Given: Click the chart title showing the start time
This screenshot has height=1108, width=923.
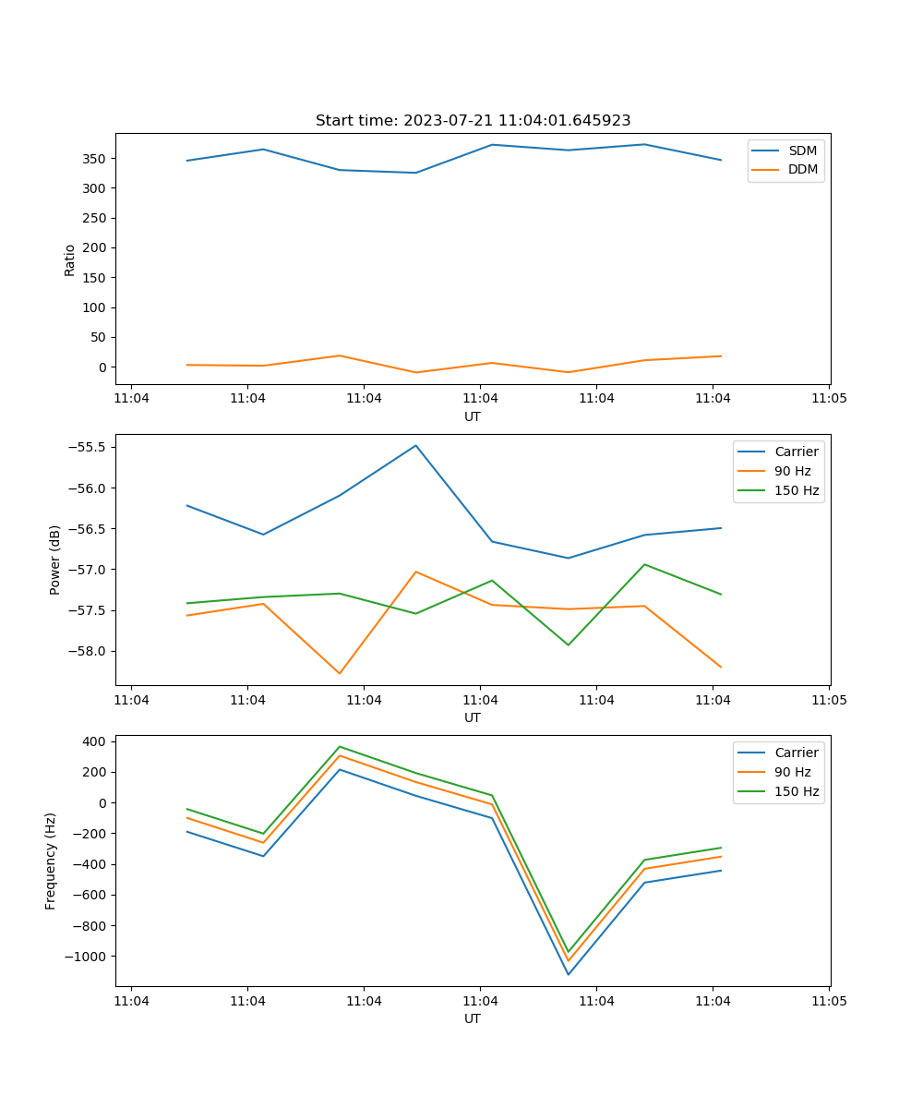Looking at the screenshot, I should coord(473,121).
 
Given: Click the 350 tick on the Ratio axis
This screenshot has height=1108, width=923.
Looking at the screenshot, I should coord(96,159).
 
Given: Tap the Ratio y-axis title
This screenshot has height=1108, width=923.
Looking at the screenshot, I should coord(70,259).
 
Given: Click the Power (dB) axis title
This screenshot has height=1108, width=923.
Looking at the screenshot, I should coord(55,560).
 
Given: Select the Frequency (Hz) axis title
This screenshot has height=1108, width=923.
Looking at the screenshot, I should coord(51,861).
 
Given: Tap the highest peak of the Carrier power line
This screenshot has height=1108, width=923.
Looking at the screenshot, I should coord(415,446).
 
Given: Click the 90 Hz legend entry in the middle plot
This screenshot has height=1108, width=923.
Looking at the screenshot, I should coord(792,471).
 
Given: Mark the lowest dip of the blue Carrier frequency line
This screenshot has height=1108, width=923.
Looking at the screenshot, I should coord(568,974).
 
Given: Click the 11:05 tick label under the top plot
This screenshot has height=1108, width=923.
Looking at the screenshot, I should coord(829,399).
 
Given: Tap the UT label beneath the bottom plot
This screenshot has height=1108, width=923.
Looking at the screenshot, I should coord(473,1018).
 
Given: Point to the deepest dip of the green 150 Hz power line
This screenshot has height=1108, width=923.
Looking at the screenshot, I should coord(568,644).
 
